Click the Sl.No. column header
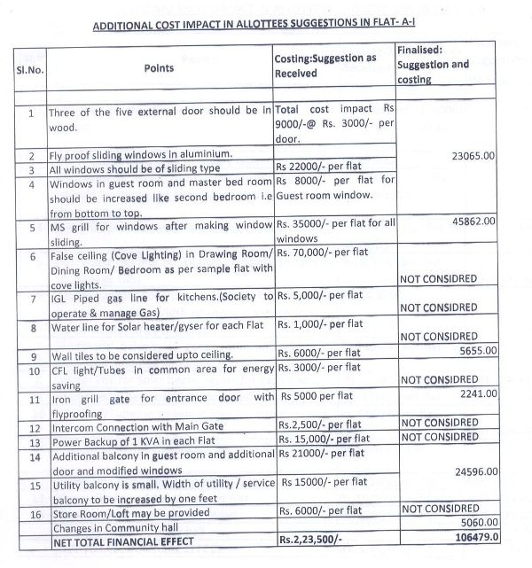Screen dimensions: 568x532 tap(31, 67)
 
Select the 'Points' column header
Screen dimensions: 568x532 tap(158, 67)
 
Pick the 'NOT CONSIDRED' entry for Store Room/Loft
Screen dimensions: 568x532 tap(440, 509)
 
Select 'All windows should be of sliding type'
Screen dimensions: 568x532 tap(133, 168)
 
